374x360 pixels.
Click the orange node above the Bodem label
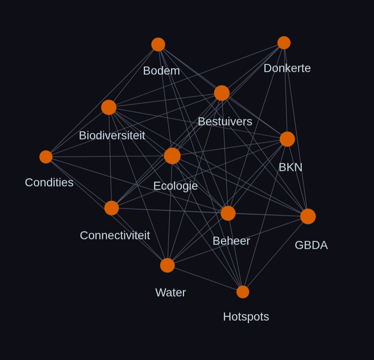[158, 44]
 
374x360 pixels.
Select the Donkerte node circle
[284, 43]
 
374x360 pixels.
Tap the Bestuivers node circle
[222, 93]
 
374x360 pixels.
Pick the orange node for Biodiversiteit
[109, 107]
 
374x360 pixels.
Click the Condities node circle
[46, 157]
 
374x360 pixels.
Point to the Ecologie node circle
[172, 156]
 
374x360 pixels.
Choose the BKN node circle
[287, 139]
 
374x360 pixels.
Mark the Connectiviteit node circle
[112, 208]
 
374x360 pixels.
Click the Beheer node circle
[228, 213]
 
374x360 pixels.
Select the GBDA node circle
[308, 217]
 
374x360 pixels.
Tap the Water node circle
[168, 265]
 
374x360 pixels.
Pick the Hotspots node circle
[243, 292]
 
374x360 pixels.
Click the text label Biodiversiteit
[112, 135]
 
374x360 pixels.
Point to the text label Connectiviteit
[115, 236]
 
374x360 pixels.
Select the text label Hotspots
[246, 317]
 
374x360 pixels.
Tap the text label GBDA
[311, 245]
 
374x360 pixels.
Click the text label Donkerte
[287, 68]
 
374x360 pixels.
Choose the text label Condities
[49, 182]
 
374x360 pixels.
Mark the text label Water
[170, 292]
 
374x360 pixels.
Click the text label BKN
[291, 167]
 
